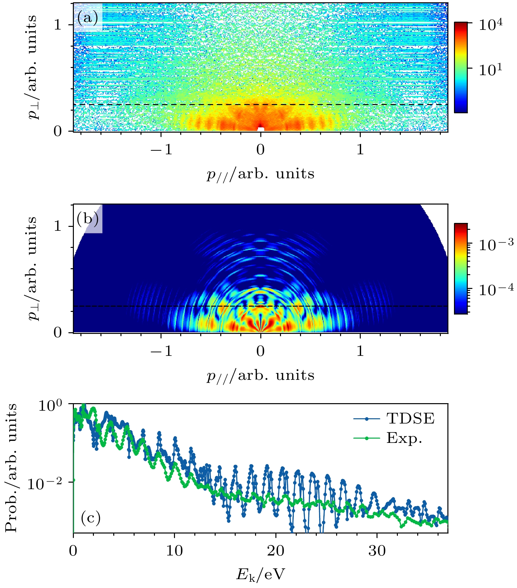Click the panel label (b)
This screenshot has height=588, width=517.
88,219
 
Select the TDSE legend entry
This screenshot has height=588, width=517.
410,419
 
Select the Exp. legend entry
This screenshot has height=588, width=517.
404,438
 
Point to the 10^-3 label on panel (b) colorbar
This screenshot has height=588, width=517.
496,245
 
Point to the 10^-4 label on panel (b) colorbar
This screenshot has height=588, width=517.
496,290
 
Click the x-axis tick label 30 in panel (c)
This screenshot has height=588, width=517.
377,551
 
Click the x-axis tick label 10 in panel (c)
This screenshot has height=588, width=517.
174,551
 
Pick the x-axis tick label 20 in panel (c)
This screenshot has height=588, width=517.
275,551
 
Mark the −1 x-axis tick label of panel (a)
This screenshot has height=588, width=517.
161,150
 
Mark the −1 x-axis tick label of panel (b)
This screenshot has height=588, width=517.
161,351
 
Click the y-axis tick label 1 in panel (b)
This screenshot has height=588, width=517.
58,226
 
